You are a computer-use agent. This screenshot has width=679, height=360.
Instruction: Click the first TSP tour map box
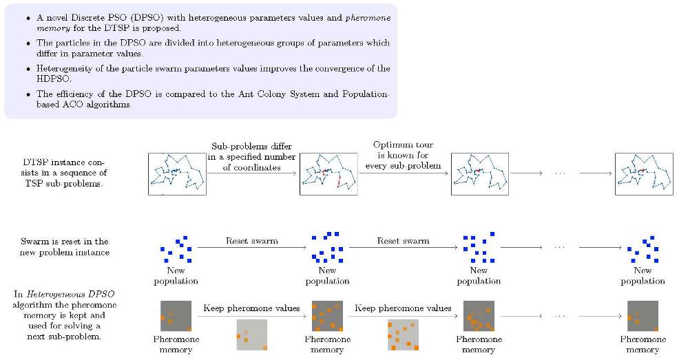[177, 174]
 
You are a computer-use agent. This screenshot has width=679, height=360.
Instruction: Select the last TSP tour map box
[643, 174]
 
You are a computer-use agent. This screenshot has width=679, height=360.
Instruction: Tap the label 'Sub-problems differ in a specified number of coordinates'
[252, 157]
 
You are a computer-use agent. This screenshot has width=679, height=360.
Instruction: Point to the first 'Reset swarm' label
[252, 241]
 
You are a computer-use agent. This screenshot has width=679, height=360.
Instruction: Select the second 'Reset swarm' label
[403, 241]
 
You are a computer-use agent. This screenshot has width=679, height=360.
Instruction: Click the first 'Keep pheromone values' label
[251, 308]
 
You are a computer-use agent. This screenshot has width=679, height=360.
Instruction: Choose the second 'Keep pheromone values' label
[403, 308]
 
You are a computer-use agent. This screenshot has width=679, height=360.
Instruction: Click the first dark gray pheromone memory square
[176, 316]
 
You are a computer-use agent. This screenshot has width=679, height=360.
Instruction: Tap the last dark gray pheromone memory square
[643, 316]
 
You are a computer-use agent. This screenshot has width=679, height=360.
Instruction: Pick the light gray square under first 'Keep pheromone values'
[251, 335]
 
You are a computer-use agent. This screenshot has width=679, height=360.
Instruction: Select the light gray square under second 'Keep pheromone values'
[403, 335]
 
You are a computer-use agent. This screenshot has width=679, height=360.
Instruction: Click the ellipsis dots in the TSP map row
[560, 174]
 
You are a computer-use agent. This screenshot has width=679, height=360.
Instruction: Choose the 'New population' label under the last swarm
[643, 275]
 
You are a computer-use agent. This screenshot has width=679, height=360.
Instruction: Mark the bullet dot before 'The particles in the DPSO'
[28, 43]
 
